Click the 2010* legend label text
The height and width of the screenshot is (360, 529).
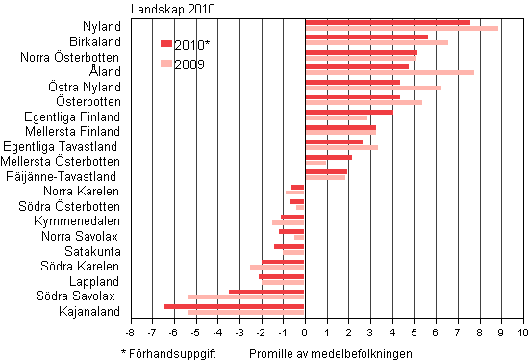(x=191, y=45)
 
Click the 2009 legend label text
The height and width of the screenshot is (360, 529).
(x=189, y=64)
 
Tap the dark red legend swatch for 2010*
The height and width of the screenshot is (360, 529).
(x=165, y=44)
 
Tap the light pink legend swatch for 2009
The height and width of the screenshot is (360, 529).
(x=165, y=64)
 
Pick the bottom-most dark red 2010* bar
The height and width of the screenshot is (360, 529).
(x=234, y=306)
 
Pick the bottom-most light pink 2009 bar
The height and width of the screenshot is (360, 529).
(x=246, y=312)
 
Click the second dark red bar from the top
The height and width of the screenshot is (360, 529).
(x=365, y=38)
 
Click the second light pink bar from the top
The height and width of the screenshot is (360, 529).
(x=376, y=43)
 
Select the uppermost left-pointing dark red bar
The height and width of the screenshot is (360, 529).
(x=298, y=187)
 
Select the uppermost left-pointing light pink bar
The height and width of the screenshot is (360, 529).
(x=295, y=193)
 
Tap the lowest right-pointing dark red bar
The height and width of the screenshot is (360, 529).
(x=326, y=171)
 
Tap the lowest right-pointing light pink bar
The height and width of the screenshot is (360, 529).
(x=325, y=177)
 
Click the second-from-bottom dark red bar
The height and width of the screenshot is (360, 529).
(x=266, y=291)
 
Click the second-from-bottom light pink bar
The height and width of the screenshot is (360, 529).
(x=246, y=296)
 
